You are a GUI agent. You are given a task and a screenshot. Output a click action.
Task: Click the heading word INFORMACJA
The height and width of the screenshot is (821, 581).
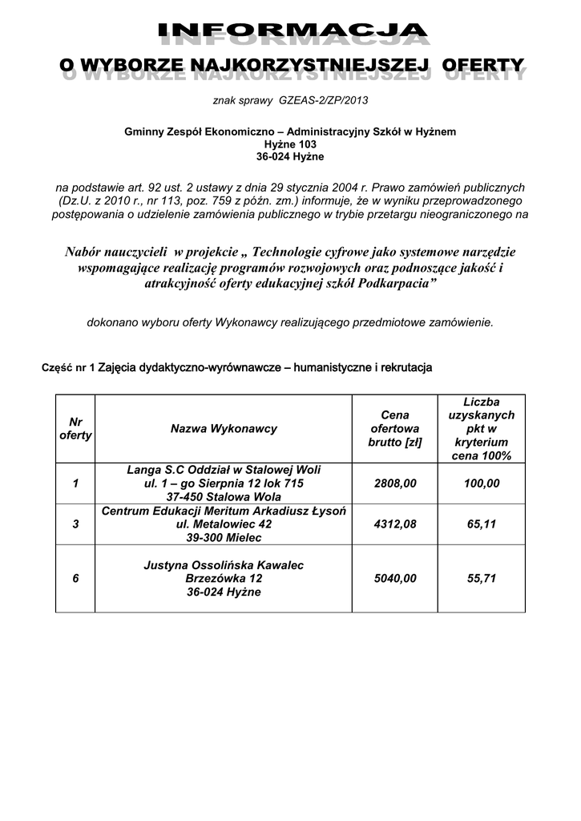[x=293, y=32]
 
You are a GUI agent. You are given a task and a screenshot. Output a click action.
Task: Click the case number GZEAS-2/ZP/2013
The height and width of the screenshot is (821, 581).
[x=323, y=102]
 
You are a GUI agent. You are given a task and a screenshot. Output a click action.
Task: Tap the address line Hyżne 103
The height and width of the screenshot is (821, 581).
[x=290, y=144]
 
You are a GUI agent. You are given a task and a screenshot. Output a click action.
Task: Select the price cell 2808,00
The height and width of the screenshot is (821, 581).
[x=395, y=483]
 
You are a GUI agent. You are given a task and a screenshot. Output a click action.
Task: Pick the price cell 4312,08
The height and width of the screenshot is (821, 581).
[x=395, y=524]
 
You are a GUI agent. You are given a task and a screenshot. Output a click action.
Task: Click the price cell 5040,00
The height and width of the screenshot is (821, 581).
[x=395, y=578]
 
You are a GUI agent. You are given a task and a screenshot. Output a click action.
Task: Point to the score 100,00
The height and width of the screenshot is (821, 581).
[x=482, y=483]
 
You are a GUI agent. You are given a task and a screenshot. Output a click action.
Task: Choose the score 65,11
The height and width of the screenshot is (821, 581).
[x=482, y=524]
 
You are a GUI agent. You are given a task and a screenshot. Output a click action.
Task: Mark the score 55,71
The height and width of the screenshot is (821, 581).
[x=482, y=578]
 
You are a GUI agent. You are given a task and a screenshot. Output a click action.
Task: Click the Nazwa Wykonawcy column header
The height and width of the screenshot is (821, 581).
[x=224, y=429]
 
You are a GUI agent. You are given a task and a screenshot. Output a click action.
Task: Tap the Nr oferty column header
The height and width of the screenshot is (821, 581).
[x=75, y=429]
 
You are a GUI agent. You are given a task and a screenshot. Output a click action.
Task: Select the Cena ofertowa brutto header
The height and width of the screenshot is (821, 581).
[x=395, y=429]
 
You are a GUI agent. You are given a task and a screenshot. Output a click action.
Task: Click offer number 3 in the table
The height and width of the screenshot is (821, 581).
[x=75, y=524]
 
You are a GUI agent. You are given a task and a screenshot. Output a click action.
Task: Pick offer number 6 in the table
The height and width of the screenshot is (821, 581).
[x=75, y=578]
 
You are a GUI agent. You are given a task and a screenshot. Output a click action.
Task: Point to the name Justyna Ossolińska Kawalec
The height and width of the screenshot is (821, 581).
[x=224, y=565]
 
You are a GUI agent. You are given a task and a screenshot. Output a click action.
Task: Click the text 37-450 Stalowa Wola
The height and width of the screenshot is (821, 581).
[x=224, y=496]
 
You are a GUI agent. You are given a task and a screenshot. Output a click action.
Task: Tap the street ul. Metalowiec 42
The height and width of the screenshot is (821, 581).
[x=224, y=524]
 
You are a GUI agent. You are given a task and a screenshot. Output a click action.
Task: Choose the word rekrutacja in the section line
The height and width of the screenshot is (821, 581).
[x=403, y=368]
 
